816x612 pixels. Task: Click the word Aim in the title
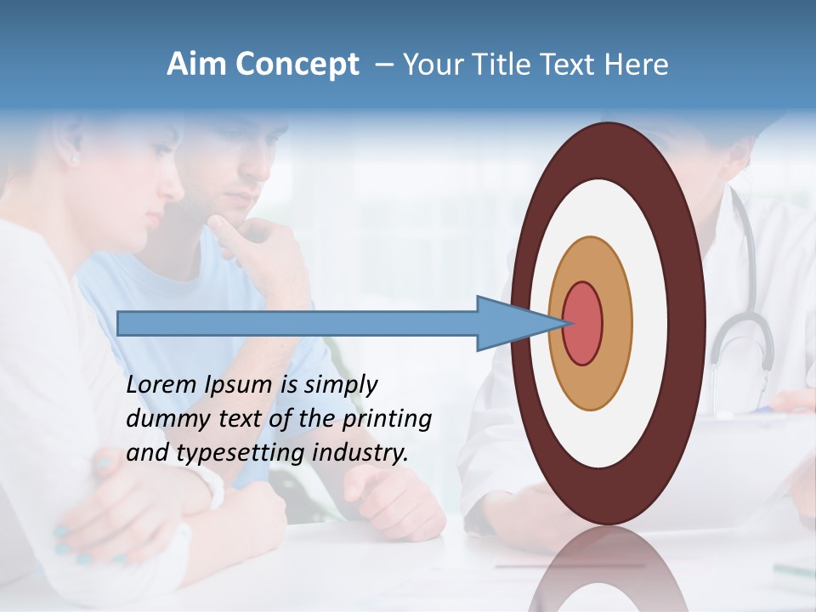tap(194, 65)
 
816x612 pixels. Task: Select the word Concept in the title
tap(296, 65)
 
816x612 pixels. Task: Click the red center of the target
tap(583, 324)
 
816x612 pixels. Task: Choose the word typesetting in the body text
tap(241, 453)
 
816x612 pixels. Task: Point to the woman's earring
tap(74, 159)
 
